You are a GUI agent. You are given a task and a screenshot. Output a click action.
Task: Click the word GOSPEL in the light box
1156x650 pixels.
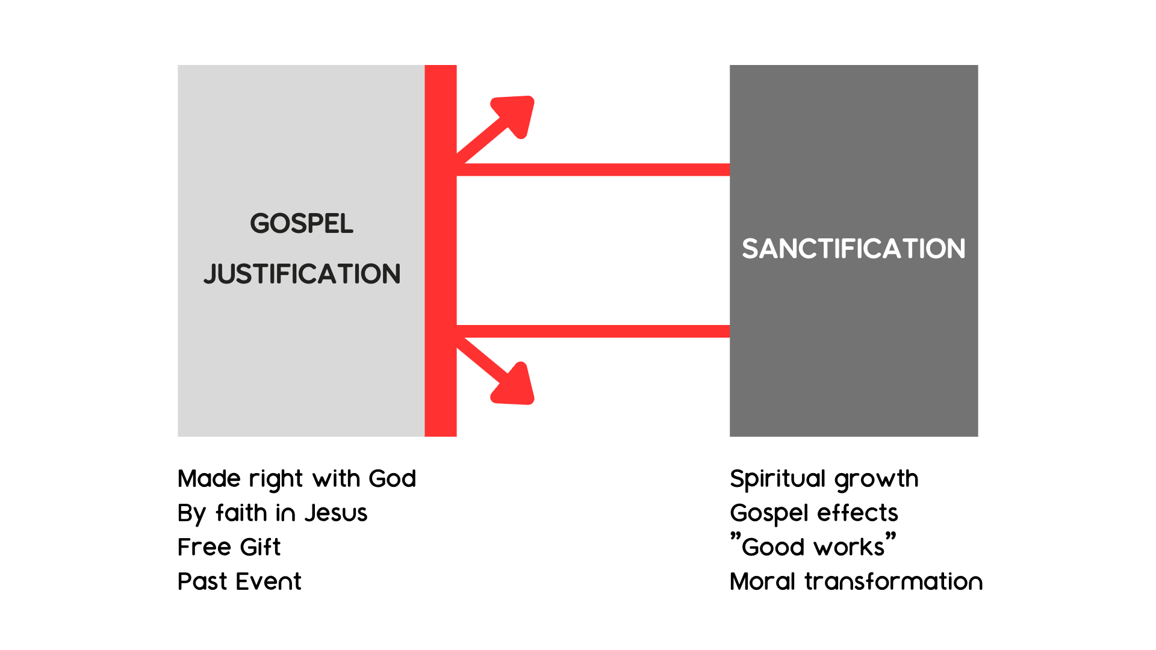coord(302,223)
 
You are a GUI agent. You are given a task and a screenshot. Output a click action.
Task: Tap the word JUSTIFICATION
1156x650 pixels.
coord(302,274)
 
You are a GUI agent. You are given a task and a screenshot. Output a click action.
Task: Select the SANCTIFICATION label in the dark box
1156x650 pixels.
coord(854,249)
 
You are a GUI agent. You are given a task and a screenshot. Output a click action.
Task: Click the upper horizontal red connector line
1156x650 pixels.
coord(593,170)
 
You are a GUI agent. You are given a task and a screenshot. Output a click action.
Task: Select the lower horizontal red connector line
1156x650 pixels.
coord(593,331)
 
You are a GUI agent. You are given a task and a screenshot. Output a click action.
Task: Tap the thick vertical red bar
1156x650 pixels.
coord(441,251)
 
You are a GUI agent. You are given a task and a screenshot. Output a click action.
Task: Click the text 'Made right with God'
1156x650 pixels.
coord(297,479)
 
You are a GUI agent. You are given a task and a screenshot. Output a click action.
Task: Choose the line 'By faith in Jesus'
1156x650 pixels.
coord(272,513)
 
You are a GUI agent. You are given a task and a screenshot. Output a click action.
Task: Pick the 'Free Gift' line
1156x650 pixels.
coord(229,547)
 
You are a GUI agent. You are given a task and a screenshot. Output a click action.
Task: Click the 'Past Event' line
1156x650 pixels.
coord(240,581)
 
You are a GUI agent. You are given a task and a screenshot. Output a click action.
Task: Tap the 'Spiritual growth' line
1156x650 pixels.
coord(824,479)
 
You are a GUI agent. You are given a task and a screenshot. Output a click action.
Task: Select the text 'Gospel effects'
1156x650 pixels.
coord(814,513)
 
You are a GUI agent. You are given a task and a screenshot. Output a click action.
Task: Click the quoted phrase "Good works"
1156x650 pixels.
coord(813,545)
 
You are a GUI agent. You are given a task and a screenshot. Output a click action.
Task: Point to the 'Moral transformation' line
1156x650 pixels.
coord(856,581)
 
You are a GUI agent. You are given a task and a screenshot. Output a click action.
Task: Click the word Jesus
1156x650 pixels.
coord(336,513)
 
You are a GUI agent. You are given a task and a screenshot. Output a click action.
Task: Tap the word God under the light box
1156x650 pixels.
coord(393,479)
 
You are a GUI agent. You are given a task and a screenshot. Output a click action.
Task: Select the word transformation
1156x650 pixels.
coord(893,581)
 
